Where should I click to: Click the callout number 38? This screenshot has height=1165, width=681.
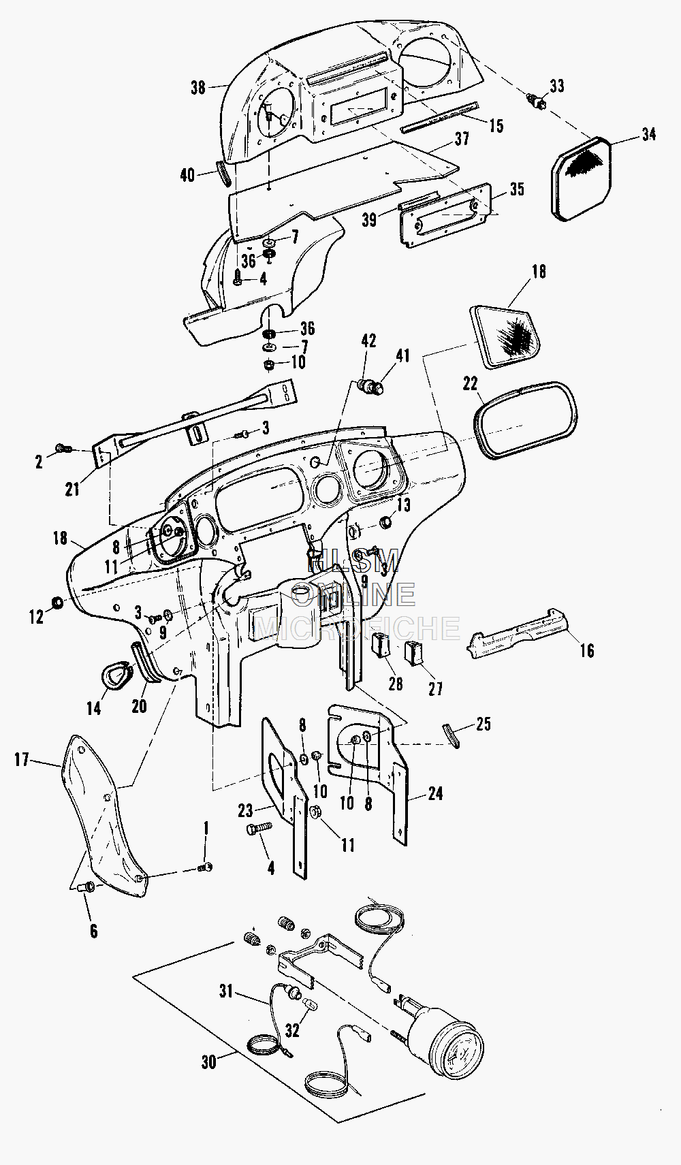pyautogui.click(x=198, y=88)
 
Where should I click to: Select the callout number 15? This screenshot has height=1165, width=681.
pyautogui.click(x=496, y=125)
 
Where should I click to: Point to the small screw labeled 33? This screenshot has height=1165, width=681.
pyautogui.click(x=538, y=102)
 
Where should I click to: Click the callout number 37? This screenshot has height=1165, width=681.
pyautogui.click(x=462, y=139)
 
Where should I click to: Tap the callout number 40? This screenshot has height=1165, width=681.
pyautogui.click(x=187, y=176)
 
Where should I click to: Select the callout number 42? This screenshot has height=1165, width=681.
pyautogui.click(x=368, y=340)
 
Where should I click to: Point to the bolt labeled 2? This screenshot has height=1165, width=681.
pyautogui.click(x=63, y=448)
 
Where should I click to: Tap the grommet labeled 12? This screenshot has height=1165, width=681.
pyautogui.click(x=57, y=603)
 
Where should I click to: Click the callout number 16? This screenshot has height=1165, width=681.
pyautogui.click(x=587, y=650)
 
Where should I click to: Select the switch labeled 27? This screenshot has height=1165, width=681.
pyautogui.click(x=414, y=653)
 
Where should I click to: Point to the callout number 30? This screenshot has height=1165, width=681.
pyautogui.click(x=209, y=1061)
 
